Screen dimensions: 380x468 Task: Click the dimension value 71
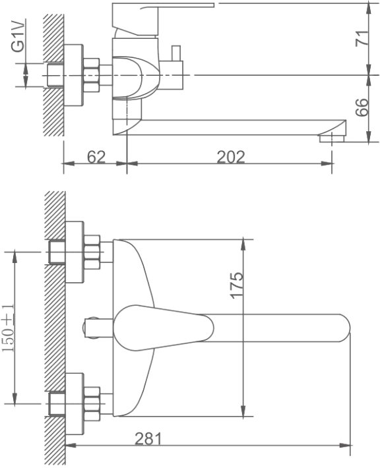pos(362,38)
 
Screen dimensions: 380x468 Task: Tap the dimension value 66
pos(362,107)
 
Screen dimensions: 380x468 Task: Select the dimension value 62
pos(96,157)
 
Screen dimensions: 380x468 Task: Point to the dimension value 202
pos(231,157)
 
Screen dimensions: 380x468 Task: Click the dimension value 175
pos(237,285)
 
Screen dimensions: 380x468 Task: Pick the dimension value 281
pos(148,438)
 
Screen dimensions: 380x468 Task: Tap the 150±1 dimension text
pos(8,328)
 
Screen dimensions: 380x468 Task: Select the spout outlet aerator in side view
pos(332,138)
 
